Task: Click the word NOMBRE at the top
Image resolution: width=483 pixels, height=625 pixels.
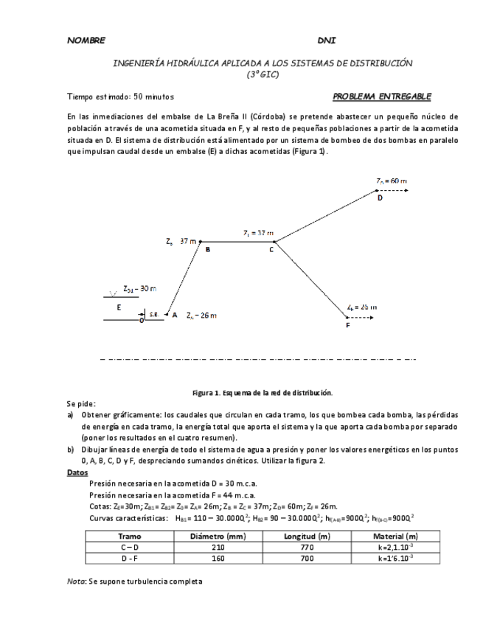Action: (86, 40)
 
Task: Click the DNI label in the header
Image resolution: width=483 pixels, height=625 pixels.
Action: (326, 40)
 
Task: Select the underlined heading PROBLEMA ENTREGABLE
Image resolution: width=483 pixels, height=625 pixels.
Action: (382, 97)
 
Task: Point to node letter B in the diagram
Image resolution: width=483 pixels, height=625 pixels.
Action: (208, 250)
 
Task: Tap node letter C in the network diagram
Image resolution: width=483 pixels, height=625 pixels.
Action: (271, 250)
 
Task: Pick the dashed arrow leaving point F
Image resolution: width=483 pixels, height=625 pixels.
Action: (363, 317)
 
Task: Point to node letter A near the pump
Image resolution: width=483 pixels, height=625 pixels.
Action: (175, 314)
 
